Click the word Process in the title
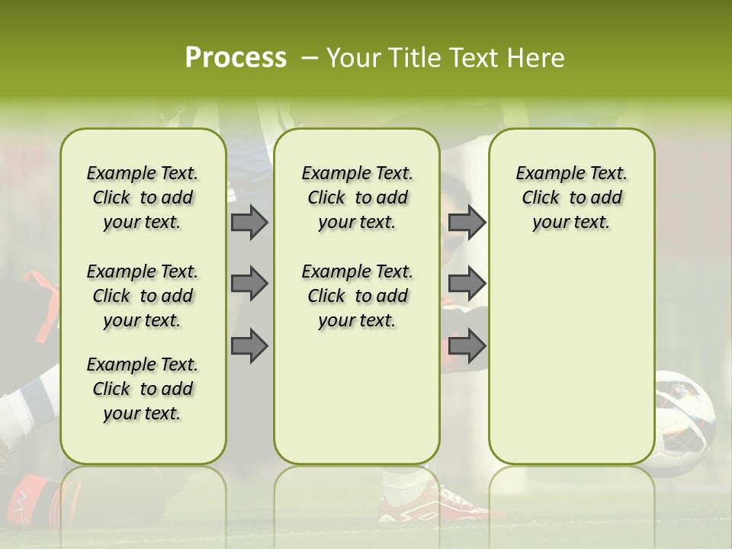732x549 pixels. pyautogui.click(x=236, y=58)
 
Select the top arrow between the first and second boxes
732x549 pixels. pyautogui.click(x=249, y=222)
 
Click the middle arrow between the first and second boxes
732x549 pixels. pyautogui.click(x=249, y=284)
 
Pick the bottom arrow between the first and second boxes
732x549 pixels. pyautogui.click(x=249, y=346)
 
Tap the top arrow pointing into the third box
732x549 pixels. pyautogui.click(x=467, y=222)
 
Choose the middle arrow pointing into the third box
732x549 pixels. pyautogui.click(x=467, y=284)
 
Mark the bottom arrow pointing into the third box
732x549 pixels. pyautogui.click(x=467, y=346)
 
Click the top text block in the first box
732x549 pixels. pyautogui.click(x=143, y=197)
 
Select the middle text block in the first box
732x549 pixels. pyautogui.click(x=143, y=296)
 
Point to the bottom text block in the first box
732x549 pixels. pyautogui.click(x=143, y=389)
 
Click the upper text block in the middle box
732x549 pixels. pyautogui.click(x=357, y=197)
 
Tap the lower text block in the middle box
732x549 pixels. pyautogui.click(x=357, y=296)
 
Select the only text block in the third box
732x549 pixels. pyautogui.click(x=571, y=197)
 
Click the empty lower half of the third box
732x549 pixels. pyautogui.click(x=571, y=366)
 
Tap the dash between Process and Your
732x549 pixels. pyautogui.click(x=310, y=58)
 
